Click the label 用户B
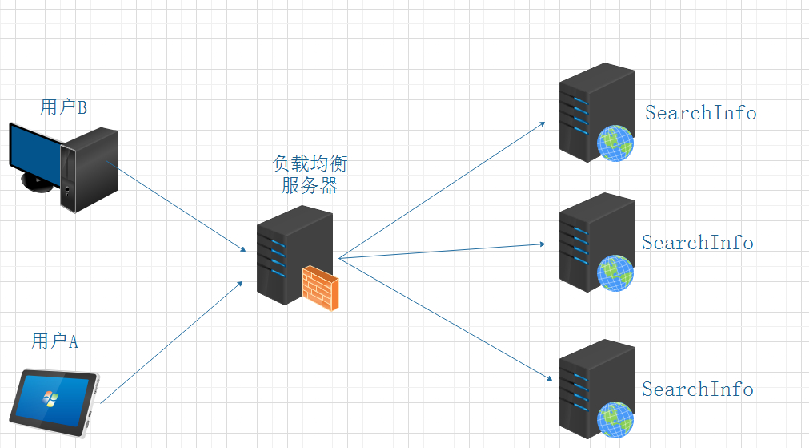[63, 107]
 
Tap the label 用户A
[54, 341]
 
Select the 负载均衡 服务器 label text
[310, 175]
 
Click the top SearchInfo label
[700, 112]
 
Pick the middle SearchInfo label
[697, 242]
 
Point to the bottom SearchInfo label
[697, 389]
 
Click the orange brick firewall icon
[320, 288]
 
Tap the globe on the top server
[615, 143]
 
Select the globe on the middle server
[615, 272]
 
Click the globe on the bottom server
[615, 419]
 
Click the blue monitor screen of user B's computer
[34, 152]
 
